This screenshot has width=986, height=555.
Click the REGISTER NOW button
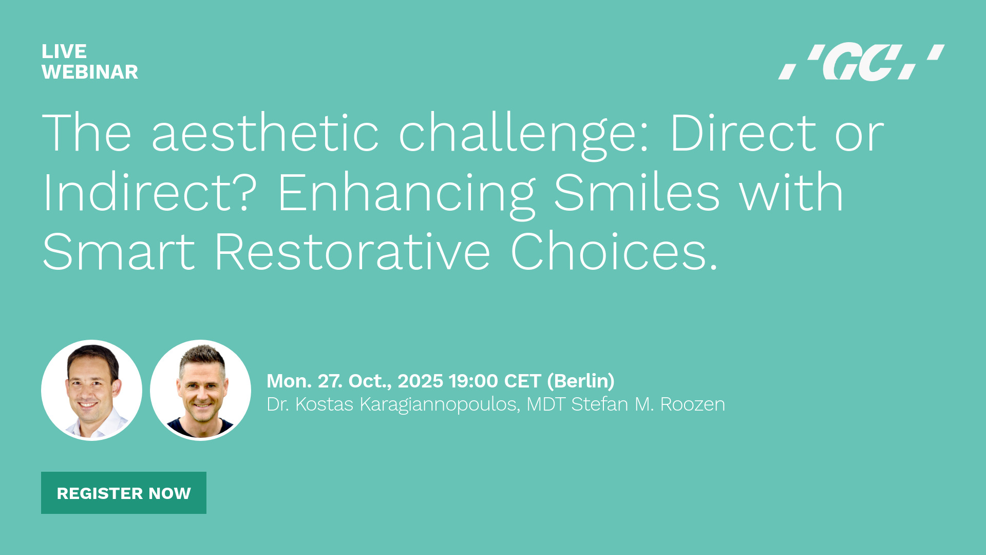[124, 493]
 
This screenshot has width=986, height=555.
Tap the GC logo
[861, 62]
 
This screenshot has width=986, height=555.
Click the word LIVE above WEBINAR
[64, 51]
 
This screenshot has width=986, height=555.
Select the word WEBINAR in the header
[90, 72]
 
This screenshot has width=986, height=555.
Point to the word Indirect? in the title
[149, 193]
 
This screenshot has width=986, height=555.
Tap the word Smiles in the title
[637, 193]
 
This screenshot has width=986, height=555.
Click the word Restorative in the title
[352, 252]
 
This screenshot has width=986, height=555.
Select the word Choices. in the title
[614, 252]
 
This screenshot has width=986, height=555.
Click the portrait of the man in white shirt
[91, 390]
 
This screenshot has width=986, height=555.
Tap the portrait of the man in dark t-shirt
[200, 390]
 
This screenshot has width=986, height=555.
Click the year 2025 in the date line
[420, 381]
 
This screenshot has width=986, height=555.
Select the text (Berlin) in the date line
[581, 381]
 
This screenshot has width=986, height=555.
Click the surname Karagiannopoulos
[440, 405]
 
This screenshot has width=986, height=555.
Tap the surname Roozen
[693, 404]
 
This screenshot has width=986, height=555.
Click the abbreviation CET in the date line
[523, 381]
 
